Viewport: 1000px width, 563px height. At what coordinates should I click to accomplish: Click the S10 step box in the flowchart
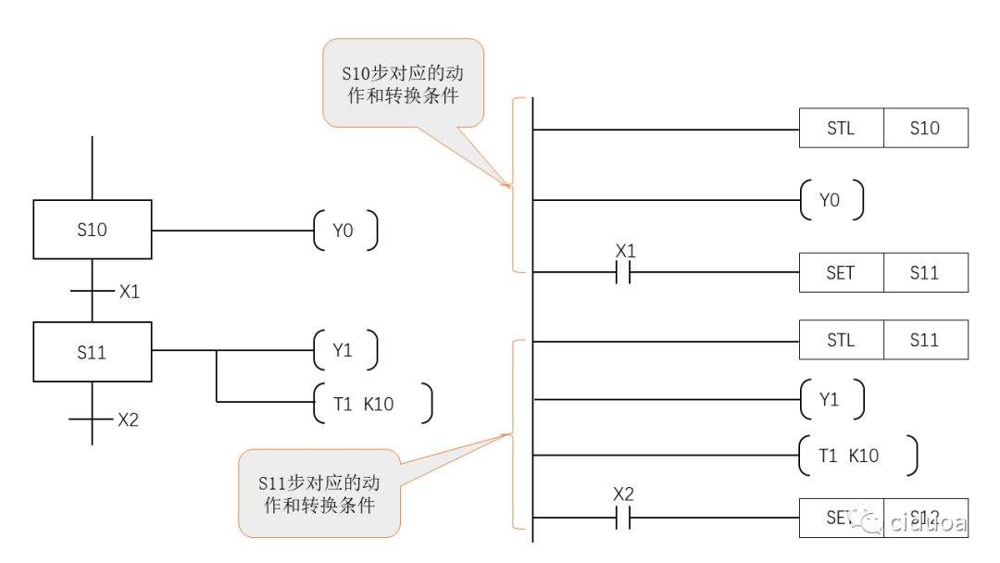tap(93, 230)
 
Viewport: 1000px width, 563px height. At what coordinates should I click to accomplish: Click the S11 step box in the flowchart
tap(93, 352)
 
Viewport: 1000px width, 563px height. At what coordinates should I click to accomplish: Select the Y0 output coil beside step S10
tap(345, 230)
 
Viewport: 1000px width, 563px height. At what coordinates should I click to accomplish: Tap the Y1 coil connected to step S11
tap(345, 351)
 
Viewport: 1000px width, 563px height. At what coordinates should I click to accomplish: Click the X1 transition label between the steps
tap(130, 292)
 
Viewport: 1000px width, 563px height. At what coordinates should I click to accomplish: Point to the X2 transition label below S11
tap(128, 419)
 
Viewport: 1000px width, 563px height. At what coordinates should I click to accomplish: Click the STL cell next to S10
tap(841, 129)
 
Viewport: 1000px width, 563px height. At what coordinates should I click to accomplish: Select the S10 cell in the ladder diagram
tap(925, 129)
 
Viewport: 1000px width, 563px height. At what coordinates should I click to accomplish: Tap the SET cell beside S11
tap(841, 273)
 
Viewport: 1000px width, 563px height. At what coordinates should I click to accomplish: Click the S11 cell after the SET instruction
tap(925, 273)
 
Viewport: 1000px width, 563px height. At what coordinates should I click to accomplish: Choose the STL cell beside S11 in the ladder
tap(841, 340)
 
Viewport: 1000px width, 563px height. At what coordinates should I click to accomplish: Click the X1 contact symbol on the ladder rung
tap(623, 272)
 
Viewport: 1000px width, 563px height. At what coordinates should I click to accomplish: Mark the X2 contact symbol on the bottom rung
tap(623, 519)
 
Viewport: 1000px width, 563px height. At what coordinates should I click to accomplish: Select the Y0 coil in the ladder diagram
tap(831, 200)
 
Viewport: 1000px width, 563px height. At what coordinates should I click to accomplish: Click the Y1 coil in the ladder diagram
tap(831, 399)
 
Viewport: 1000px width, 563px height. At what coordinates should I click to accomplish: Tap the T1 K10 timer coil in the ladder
tap(856, 456)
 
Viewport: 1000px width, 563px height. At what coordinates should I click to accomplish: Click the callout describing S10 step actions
tap(403, 83)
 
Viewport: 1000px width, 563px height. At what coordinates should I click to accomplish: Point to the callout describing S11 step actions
tap(319, 494)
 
